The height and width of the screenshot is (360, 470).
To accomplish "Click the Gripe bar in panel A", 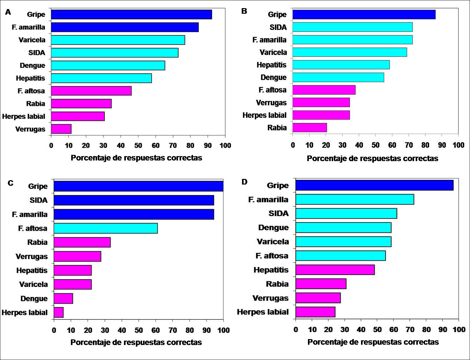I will coord(131,14).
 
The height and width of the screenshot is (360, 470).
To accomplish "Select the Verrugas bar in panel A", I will coord(61,129).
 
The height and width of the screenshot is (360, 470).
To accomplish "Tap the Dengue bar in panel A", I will coord(108,65).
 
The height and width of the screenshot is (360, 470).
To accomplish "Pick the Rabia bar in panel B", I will coord(310,128).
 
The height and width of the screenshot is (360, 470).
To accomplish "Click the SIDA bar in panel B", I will coord(353,27).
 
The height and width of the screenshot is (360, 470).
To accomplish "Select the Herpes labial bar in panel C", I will coord(59,313).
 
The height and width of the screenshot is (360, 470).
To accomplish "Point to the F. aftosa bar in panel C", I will coord(106,228).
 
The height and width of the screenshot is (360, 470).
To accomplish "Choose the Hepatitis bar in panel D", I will coord(335,270).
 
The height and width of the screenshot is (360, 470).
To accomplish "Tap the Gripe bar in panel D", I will coord(374,185).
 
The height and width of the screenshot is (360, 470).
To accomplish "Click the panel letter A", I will coord(8,12).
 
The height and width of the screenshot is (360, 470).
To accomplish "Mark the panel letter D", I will coord(245,182).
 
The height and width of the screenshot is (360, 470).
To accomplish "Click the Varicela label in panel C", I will coord(33,284).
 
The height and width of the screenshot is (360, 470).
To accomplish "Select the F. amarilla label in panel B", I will coord(269,40).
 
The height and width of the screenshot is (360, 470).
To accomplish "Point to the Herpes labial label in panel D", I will coord(263,312).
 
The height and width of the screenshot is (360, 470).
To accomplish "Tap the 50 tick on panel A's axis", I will coord(138,145).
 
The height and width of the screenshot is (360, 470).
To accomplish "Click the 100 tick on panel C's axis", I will coord(223,330).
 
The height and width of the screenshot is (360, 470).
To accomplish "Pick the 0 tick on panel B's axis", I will coord(293,145).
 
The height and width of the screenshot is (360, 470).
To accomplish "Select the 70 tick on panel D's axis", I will coord(410,329).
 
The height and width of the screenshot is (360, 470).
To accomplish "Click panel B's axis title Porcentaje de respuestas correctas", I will coord(372,158).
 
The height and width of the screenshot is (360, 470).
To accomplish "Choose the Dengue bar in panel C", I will coord(63,298).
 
